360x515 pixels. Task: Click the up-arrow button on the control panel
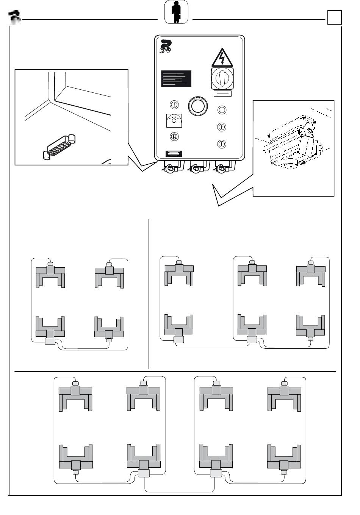222,127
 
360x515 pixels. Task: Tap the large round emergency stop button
197,106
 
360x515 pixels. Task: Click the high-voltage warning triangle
222,58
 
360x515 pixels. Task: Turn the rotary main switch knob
222,78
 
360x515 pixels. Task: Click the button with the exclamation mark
174,105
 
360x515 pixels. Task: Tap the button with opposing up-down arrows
174,137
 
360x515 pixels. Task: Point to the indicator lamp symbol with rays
174,120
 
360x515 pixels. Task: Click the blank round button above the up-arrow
222,110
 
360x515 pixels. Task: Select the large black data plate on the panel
176,79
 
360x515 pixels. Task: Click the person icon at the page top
176,12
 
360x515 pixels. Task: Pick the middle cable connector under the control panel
195,167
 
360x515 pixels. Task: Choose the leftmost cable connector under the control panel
171,167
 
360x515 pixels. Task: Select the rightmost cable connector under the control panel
221,167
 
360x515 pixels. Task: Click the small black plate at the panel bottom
174,153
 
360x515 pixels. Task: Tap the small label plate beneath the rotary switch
222,93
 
